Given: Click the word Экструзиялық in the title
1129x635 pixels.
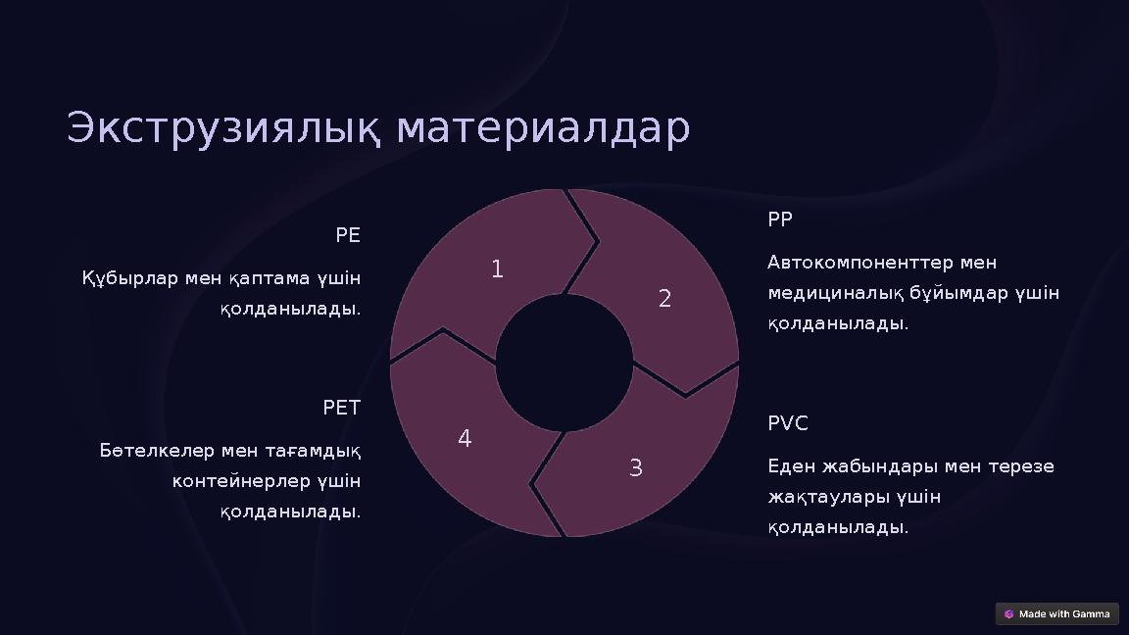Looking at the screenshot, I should (x=227, y=129).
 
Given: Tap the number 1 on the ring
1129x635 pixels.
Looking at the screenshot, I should (x=497, y=269).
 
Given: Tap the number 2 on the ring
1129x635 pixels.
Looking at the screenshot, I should (x=664, y=299).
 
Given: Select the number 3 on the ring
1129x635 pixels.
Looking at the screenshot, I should (x=635, y=468).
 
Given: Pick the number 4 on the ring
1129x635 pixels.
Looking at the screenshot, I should (x=465, y=439).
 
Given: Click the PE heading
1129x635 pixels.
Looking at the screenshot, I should (x=348, y=235).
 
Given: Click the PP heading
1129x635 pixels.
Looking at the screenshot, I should (x=780, y=220).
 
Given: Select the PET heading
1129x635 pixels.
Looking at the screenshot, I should (x=342, y=408).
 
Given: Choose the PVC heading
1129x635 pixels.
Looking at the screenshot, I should (x=788, y=423).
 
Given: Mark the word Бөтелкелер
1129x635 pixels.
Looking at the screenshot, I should (x=157, y=451).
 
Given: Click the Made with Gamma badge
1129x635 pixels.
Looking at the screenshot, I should (x=1056, y=614).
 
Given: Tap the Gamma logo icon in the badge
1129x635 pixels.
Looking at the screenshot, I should (x=1009, y=614).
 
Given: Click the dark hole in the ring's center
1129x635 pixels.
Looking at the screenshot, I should (x=564, y=363).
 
